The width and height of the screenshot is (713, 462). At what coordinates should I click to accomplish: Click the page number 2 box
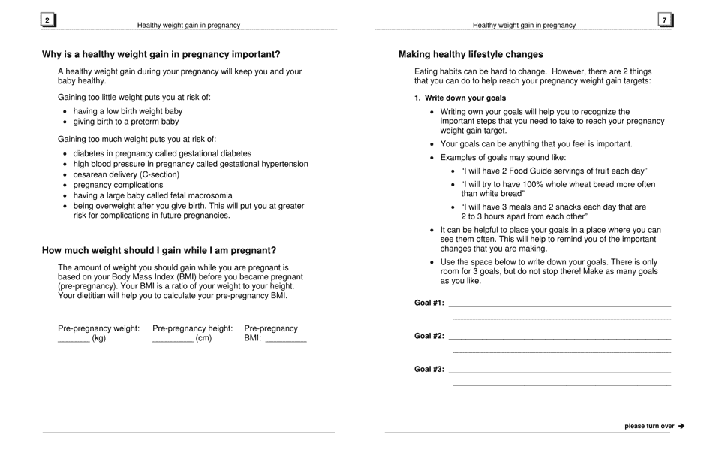coord(48,21)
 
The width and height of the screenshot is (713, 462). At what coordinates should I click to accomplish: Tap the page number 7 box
coord(665,20)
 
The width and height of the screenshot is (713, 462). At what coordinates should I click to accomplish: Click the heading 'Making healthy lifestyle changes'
coord(471,55)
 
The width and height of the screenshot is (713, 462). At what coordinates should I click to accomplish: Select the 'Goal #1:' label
coord(429,303)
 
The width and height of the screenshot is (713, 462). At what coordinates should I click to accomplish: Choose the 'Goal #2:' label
coord(429,337)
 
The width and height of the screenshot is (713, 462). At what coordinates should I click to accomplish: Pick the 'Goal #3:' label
coord(429,370)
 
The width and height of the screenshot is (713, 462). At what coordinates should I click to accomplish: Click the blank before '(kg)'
coord(74,339)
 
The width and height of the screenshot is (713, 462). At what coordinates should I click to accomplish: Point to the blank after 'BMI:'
coord(286,339)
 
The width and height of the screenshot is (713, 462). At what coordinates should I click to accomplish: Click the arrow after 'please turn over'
coord(681,426)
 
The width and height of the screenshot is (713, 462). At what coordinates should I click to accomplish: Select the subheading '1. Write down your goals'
coord(460,98)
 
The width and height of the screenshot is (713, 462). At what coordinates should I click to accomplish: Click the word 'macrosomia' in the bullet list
coord(207,195)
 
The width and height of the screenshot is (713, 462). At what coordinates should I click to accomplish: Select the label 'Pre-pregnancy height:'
coord(193,328)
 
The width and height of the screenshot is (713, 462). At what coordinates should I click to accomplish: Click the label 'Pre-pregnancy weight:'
coord(99,328)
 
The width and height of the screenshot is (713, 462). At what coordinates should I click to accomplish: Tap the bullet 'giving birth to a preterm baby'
coord(126,122)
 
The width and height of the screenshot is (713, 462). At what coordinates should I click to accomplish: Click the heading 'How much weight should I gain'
coord(159,251)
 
